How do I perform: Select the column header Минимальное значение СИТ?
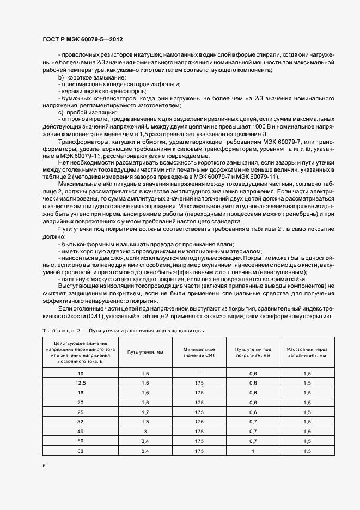(198, 351)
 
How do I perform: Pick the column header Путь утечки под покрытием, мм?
(253, 351)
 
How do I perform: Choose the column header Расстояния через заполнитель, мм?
(307, 351)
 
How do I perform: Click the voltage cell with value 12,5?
(81, 383)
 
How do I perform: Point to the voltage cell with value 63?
(81, 452)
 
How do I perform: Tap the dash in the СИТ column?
(198, 373)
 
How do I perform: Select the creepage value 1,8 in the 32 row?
(145, 422)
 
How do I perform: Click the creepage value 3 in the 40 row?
(145, 432)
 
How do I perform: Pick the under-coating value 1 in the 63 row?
(253, 452)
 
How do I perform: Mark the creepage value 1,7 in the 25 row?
(145, 412)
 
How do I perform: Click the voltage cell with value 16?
(81, 392)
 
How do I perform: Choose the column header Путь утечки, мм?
(145, 351)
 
